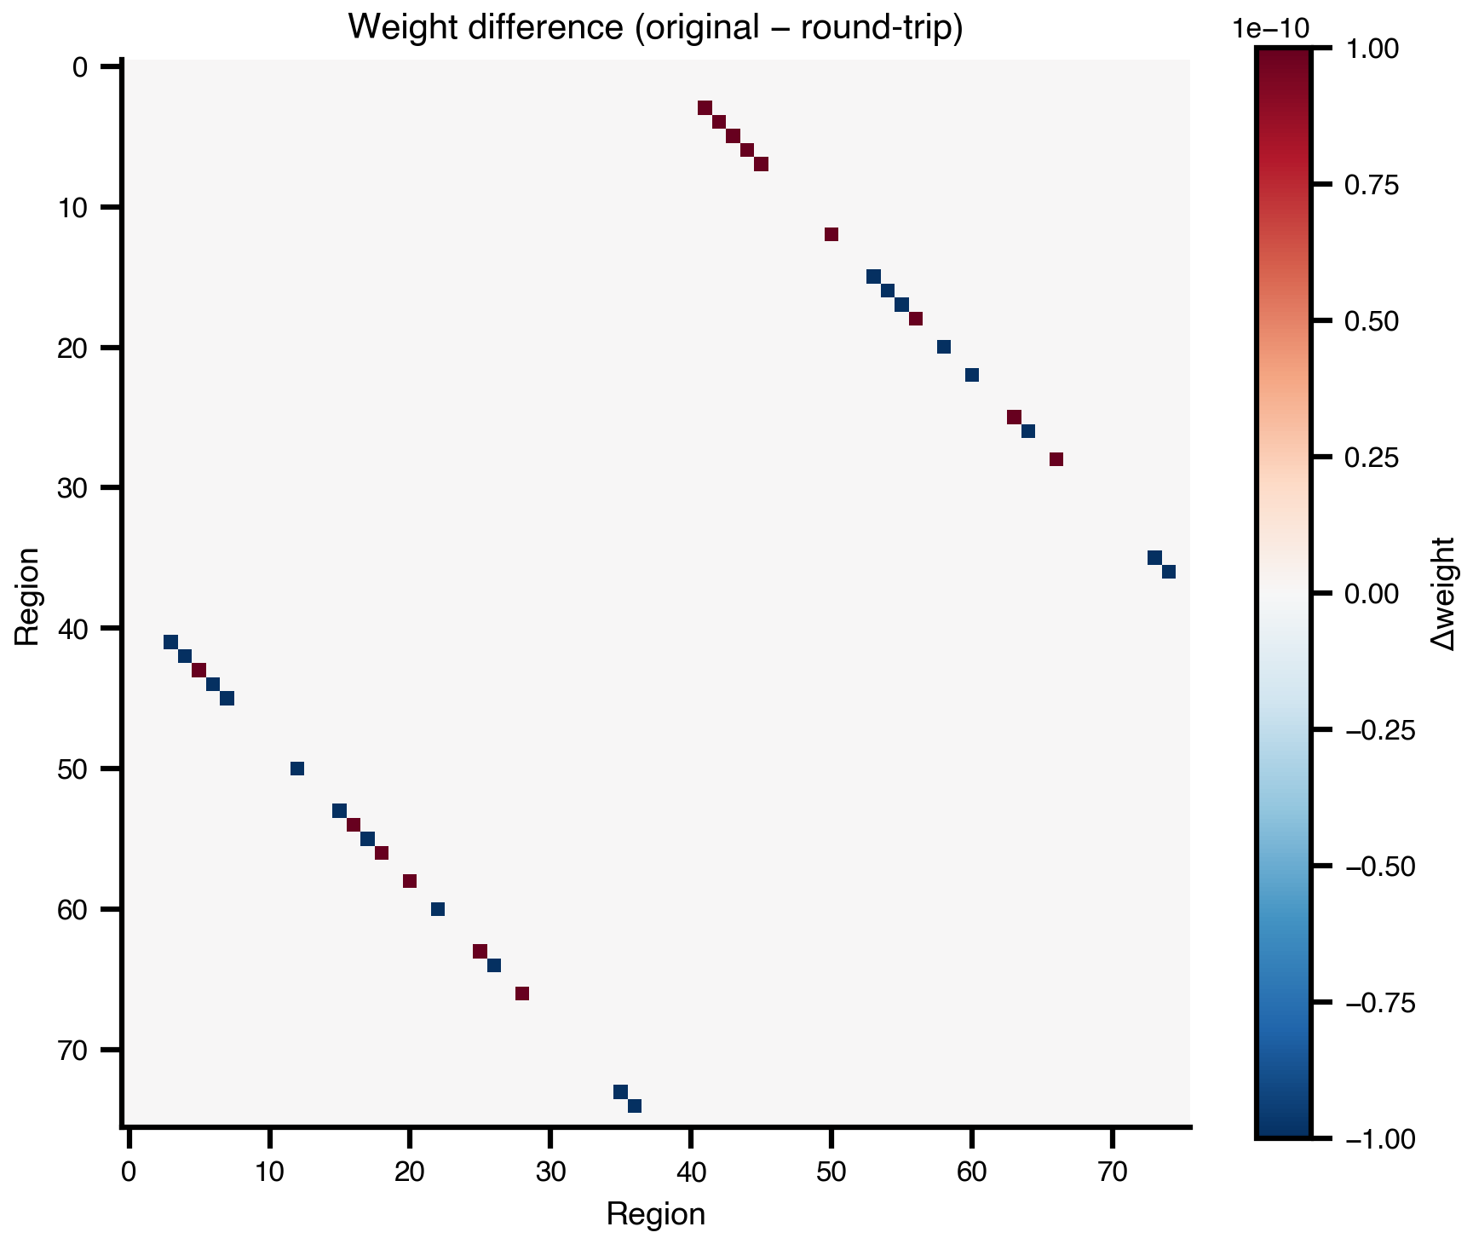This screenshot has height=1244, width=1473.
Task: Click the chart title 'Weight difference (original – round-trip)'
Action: (x=655, y=27)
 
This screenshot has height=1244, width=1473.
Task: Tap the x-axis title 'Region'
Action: (x=655, y=1213)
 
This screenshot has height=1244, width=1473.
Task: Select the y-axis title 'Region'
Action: (x=27, y=596)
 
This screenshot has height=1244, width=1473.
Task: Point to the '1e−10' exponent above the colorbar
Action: (x=1270, y=28)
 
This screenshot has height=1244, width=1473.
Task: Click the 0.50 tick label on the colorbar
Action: (x=1371, y=321)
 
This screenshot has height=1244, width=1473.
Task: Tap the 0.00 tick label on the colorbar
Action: (x=1371, y=594)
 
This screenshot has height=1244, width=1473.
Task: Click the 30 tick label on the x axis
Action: (x=550, y=1172)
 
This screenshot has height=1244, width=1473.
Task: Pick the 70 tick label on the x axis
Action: (x=1113, y=1172)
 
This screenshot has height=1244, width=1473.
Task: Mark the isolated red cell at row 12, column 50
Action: (x=831, y=234)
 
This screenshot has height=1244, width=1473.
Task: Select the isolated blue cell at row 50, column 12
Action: (x=297, y=769)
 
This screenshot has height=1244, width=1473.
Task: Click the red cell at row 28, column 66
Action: (x=1056, y=459)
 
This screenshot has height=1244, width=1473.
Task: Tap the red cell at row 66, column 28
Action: (x=522, y=993)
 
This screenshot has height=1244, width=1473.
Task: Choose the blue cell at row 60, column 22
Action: (x=438, y=909)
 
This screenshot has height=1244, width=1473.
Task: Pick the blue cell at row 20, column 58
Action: (x=944, y=347)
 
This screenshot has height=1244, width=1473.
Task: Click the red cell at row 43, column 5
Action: (x=199, y=670)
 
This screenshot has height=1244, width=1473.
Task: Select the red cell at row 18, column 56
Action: (x=916, y=319)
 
